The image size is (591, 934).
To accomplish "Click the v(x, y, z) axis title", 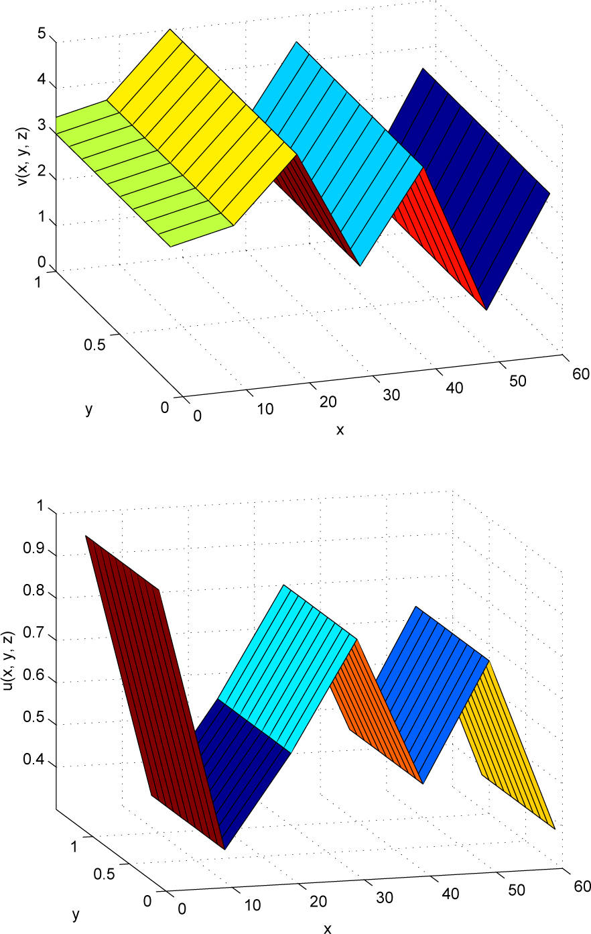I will (x=23, y=155).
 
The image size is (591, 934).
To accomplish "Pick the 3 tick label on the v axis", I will (x=42, y=127).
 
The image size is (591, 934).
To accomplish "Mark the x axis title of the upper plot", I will (x=340, y=430).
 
